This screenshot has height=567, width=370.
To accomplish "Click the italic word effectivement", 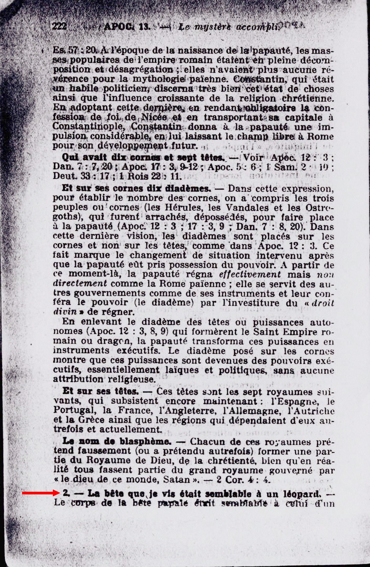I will (250, 274).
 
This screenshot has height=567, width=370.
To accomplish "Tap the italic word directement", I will (80, 284).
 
